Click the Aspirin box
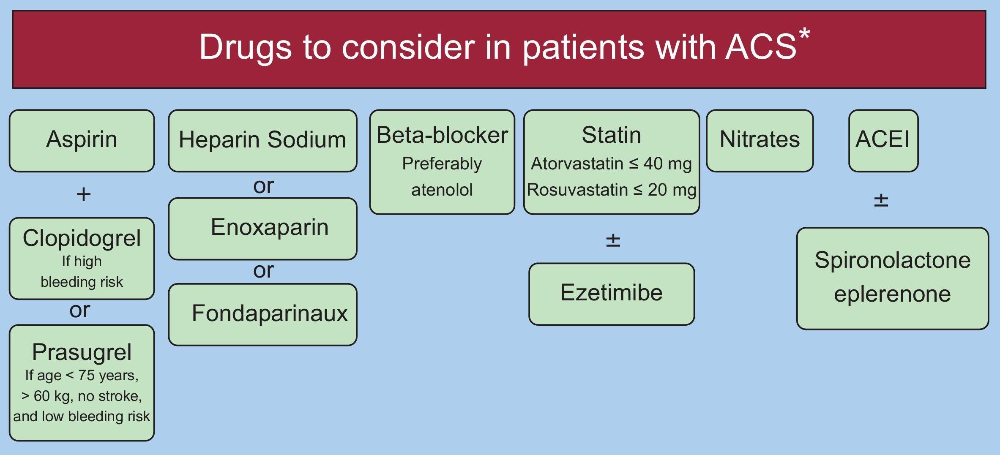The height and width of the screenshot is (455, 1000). click(x=82, y=141)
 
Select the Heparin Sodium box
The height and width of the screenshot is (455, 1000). click(x=262, y=141)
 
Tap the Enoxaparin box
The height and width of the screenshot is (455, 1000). click(x=262, y=229)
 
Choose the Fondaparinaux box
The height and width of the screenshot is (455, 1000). click(x=262, y=314)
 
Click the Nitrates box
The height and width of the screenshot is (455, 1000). click(x=760, y=141)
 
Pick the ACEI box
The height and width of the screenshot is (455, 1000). click(x=883, y=141)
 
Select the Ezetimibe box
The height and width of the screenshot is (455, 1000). click(x=611, y=294)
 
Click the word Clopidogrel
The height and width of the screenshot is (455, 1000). click(x=82, y=238)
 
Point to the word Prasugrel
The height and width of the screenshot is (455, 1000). click(x=82, y=352)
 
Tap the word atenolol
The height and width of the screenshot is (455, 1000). click(x=442, y=190)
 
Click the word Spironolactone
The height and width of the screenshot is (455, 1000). click(x=892, y=260)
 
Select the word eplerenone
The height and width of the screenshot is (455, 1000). click(x=892, y=294)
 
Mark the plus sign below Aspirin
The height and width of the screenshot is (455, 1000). click(x=83, y=194)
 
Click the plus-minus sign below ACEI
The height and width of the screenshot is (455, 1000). click(x=881, y=200)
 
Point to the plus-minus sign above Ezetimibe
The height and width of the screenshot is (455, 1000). click(x=613, y=240)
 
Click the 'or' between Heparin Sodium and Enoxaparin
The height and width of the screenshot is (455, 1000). click(x=263, y=186)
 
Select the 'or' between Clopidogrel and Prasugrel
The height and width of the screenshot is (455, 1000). click(x=79, y=311)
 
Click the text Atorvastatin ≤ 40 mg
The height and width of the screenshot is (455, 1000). click(x=611, y=163)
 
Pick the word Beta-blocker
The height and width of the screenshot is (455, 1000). click(x=442, y=135)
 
